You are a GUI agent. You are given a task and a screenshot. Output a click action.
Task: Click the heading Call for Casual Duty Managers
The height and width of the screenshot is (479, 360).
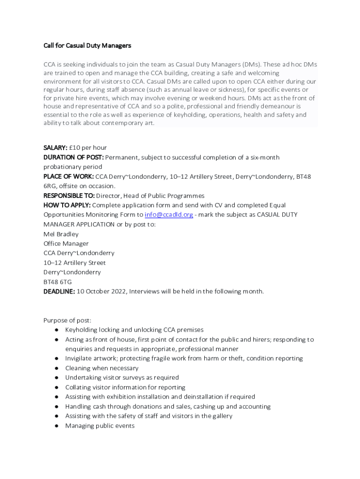tap(87, 45)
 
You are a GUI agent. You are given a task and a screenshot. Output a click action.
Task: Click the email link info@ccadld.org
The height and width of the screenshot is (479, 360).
tap(169, 215)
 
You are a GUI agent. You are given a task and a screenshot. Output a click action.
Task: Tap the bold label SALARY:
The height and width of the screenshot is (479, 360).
tap(56, 148)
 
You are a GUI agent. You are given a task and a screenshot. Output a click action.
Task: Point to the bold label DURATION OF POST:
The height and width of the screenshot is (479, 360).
tap(73, 157)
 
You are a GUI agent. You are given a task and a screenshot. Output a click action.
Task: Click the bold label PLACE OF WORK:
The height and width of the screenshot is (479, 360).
tap(69, 176)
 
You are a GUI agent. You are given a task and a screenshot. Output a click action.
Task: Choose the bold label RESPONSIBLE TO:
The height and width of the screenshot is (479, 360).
tap(69, 196)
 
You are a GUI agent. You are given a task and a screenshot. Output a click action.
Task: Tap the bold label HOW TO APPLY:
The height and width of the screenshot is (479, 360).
tap(67, 205)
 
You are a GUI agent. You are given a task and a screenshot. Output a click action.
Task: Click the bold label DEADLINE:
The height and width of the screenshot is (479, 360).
tap(59, 291)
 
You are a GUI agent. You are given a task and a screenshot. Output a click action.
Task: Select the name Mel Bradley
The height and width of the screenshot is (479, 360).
tap(61, 234)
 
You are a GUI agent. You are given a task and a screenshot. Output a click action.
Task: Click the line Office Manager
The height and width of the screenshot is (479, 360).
tap(66, 244)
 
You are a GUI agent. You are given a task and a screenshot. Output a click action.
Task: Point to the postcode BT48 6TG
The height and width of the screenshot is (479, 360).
tap(58, 282)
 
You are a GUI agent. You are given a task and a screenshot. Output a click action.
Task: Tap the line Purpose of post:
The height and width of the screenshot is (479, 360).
tap(67, 320)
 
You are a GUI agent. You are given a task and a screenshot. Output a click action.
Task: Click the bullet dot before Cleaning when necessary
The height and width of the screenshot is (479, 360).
tap(56, 368)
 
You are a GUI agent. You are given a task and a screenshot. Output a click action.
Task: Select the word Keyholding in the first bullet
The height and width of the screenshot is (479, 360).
tap(81, 330)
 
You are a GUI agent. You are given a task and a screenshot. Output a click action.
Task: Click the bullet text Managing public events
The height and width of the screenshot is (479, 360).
tap(100, 426)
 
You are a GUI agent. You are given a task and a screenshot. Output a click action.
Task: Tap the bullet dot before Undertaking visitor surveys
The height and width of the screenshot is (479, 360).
tap(56, 377)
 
